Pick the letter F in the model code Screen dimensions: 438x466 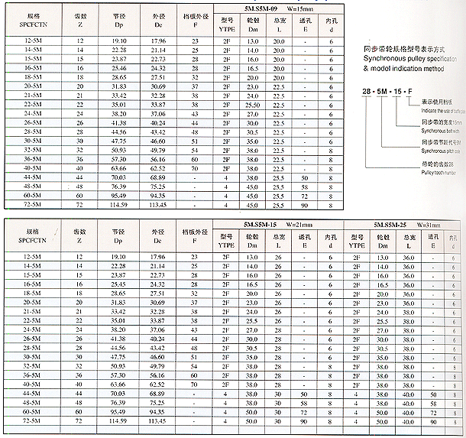[410, 91]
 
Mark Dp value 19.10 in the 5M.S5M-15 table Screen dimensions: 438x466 [118, 256]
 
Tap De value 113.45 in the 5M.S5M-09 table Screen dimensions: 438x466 [158, 205]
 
